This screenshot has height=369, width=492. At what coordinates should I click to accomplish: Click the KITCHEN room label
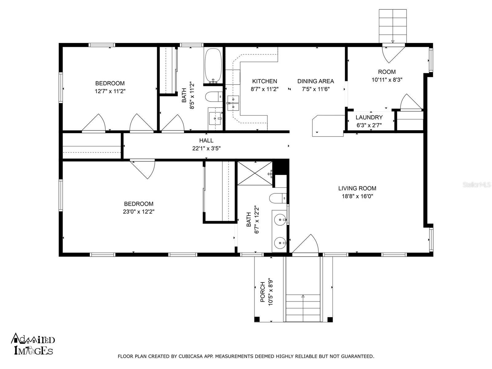(264, 81)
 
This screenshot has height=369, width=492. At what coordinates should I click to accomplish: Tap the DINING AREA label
(315, 81)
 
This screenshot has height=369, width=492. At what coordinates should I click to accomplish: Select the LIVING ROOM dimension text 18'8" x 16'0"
(357, 196)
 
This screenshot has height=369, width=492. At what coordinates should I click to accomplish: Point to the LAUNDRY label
(369, 117)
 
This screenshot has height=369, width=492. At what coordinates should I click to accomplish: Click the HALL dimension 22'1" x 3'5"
(206, 148)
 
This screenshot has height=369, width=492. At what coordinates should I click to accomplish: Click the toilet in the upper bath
(214, 97)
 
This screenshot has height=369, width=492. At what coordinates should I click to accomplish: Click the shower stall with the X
(255, 173)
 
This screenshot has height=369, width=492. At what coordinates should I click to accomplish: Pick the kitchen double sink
(233, 103)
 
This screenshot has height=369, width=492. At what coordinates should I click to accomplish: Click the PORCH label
(263, 292)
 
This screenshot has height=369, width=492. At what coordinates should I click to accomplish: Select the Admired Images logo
(33, 344)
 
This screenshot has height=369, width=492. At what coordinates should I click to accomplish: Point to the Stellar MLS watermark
(476, 184)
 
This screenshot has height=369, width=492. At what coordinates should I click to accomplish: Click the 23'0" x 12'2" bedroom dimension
(138, 212)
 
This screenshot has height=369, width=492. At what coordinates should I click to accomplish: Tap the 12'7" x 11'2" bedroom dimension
(110, 91)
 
